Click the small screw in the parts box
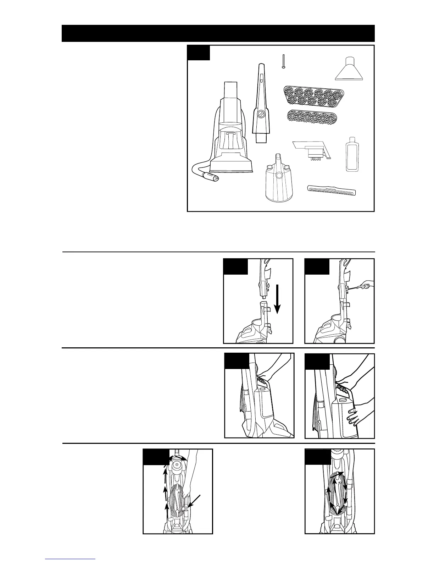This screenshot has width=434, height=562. coord(283,62)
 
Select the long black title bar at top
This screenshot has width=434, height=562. coord(218,33)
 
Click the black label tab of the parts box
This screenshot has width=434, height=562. coord(199,53)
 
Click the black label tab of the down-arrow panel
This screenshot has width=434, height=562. coord(235,266)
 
